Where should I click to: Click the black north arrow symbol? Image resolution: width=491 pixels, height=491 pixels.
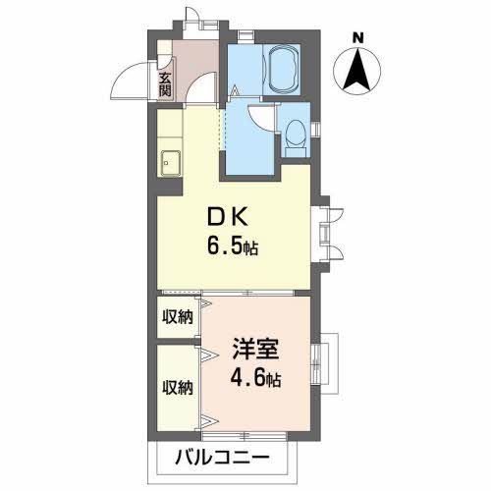[x=359, y=70]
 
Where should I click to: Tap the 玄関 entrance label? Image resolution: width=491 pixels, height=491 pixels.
[x=165, y=80]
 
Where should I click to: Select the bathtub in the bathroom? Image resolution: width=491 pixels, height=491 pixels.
[x=278, y=70]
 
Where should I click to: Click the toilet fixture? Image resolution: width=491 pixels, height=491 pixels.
[x=295, y=140]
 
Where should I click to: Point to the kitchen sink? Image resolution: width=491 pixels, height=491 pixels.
[x=170, y=159]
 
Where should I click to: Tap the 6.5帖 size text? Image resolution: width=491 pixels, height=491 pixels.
[x=232, y=246]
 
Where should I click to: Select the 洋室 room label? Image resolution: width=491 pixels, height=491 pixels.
[x=256, y=348]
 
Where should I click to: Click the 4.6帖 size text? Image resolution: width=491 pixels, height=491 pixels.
[x=256, y=377]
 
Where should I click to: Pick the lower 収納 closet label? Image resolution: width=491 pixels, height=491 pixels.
[x=177, y=386]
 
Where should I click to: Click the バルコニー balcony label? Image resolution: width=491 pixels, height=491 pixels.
[x=225, y=457]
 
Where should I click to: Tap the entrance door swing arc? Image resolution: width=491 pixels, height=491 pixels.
[x=130, y=83]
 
